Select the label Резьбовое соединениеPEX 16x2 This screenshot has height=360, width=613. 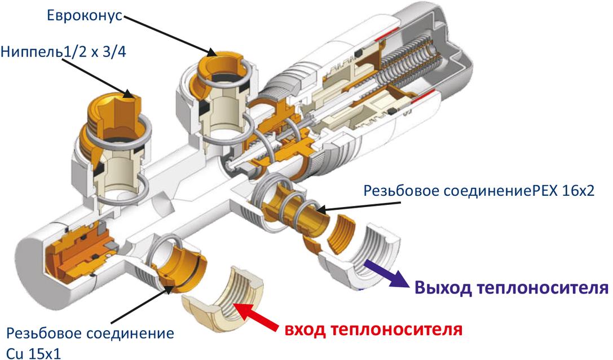(487, 190)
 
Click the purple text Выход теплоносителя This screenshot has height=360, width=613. (511, 288)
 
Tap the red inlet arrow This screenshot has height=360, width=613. (259, 318)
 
